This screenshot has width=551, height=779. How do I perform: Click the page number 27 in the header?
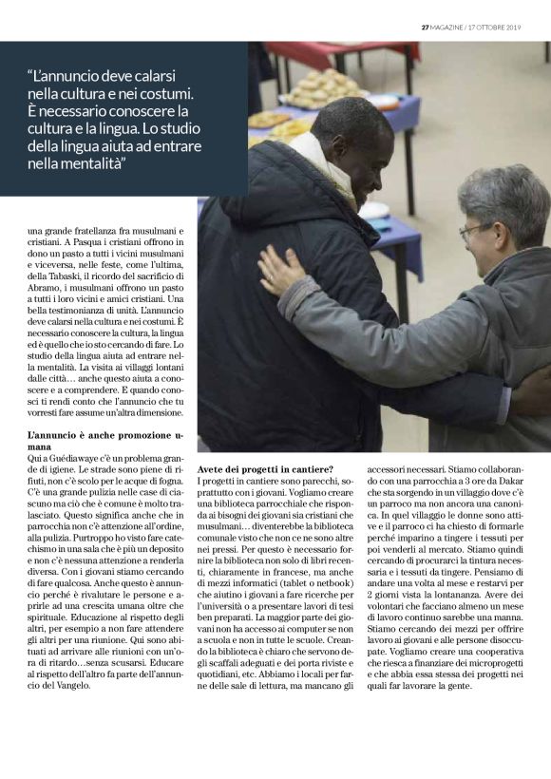(426, 26)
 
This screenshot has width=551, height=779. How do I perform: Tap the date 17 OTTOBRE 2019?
(507, 26)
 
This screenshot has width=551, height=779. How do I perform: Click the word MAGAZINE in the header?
(452, 26)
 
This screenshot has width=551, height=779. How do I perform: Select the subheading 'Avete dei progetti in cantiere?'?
(265, 469)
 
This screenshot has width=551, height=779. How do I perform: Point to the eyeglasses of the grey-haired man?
(472, 231)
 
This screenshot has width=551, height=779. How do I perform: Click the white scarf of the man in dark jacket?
(309, 149)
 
